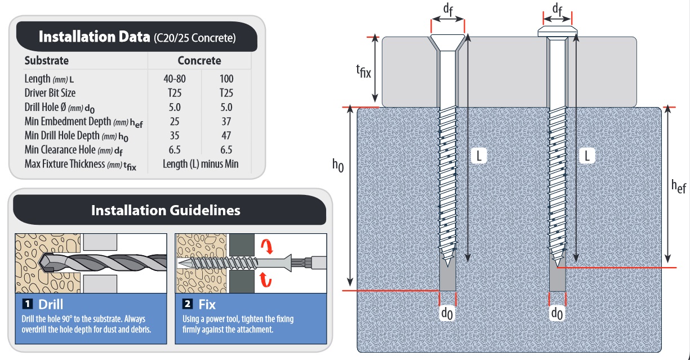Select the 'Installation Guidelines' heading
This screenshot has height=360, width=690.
coord(166,210)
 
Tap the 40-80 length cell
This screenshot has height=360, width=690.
coord(175,79)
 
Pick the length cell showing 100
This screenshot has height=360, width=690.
coord(226,79)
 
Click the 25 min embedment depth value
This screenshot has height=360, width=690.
coord(175,121)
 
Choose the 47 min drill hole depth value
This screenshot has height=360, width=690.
coord(226,135)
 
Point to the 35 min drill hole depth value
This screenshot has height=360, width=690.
coord(175,135)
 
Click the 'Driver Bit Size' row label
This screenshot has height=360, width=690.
coord(50,93)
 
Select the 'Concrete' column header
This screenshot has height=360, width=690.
coord(199,60)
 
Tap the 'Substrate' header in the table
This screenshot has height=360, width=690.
coord(47,60)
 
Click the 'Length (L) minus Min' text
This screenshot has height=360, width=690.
coord(201,164)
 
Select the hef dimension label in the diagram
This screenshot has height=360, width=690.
coord(678,188)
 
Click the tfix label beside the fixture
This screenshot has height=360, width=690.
coord(363,72)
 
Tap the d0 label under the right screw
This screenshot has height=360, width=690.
coord(557,312)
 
